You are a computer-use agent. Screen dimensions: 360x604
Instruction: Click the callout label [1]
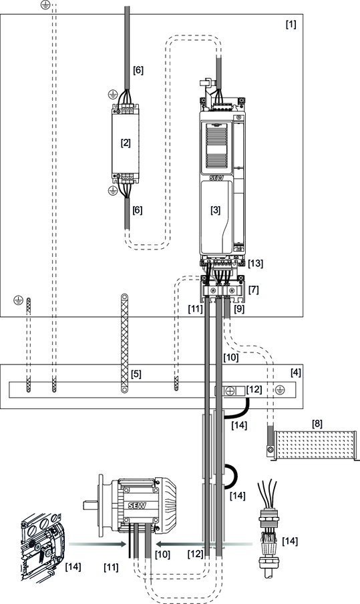[x=291, y=24]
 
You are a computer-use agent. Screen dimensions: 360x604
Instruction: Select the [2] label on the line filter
[x=126, y=143]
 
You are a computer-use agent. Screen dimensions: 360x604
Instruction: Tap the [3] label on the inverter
[x=216, y=210]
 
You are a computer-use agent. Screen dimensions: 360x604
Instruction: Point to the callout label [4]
[x=296, y=372]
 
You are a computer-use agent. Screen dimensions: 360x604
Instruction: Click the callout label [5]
[x=136, y=374]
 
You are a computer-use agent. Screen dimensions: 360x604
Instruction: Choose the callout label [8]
[x=317, y=424]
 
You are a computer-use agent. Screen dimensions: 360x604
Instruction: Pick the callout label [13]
[x=256, y=264]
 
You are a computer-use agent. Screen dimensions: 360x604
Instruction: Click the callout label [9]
[x=239, y=309]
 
